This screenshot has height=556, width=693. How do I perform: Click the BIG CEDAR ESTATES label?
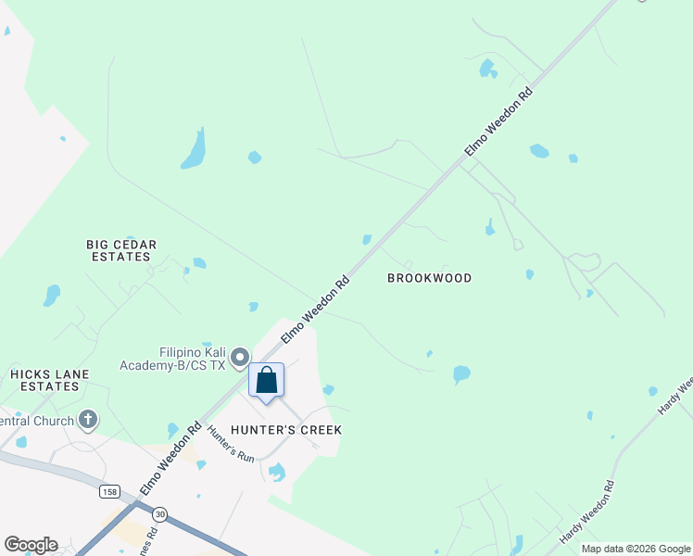[121, 250]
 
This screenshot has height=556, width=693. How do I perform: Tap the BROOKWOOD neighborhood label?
[429, 278]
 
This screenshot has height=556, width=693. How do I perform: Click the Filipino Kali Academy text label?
[192, 359]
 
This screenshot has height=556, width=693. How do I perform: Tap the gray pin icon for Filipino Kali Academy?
[240, 357]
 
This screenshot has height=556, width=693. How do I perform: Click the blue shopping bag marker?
[266, 381]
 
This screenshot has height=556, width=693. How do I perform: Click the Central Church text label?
[37, 421]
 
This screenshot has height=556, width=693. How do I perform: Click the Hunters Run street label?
[231, 444]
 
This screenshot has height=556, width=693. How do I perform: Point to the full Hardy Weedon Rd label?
[586, 512]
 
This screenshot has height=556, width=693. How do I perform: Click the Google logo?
[31, 545]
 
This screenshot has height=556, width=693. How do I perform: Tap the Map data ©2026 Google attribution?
[636, 549]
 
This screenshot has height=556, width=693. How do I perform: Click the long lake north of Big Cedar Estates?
[194, 150]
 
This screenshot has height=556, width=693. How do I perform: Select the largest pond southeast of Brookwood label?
[460, 374]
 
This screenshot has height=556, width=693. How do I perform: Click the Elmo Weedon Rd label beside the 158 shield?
[170, 459]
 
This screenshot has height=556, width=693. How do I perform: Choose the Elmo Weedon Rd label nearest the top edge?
[499, 120]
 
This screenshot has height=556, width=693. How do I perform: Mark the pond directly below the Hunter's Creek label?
[276, 473]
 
